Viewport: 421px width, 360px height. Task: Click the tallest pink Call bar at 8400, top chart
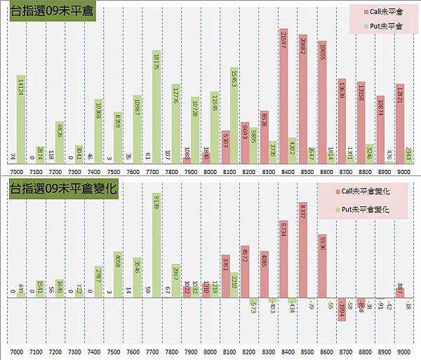click(x=283, y=98)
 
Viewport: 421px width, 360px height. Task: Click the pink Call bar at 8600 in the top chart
click(x=321, y=105)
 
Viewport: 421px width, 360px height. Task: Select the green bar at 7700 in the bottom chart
click(x=157, y=246)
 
